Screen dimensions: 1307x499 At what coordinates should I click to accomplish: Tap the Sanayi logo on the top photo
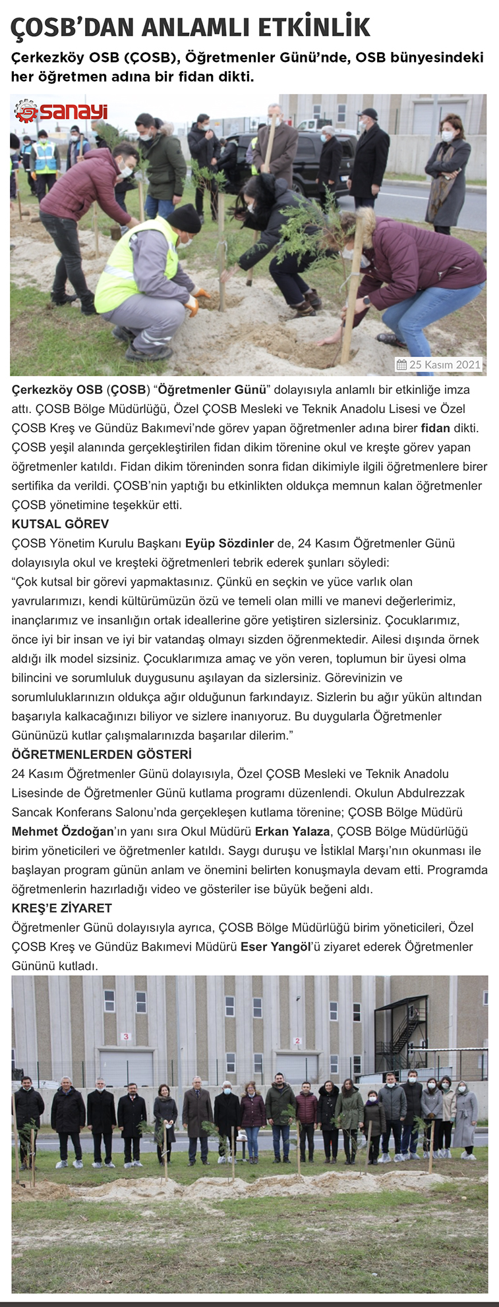61,111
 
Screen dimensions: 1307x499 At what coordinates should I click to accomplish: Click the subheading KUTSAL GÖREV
60,524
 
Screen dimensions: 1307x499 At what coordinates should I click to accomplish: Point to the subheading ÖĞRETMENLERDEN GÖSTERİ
102,754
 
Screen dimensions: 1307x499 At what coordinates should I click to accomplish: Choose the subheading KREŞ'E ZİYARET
61,908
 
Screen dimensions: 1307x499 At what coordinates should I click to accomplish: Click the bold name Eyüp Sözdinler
229,543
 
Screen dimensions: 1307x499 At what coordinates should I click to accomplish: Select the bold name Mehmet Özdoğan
63,831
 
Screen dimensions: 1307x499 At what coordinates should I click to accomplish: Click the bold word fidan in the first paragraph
435,428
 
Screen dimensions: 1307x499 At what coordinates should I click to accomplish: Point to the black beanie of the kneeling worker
184,218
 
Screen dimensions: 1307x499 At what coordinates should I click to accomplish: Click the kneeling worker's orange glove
192,305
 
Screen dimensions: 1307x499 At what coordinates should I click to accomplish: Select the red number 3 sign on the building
126,1036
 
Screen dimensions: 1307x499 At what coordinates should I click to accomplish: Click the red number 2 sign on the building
298,1041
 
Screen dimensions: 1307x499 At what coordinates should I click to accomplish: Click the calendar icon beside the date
401,364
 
